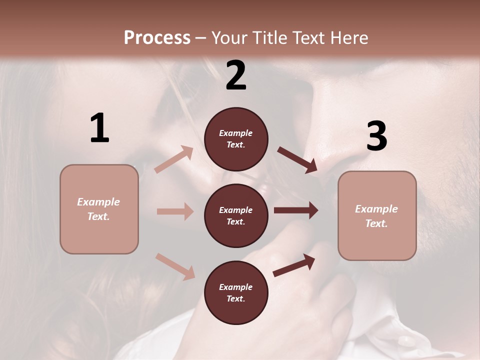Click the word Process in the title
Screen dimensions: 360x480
[x=157, y=37]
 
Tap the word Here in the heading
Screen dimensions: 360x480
[x=348, y=37]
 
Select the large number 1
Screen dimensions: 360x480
[x=99, y=128]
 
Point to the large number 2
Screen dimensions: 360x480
[x=236, y=75]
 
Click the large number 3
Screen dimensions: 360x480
[x=376, y=135]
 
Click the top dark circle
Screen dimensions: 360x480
[x=236, y=139]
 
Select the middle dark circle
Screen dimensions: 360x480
[x=236, y=215]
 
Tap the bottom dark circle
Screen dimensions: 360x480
[x=236, y=292]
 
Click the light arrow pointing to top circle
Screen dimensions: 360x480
[x=174, y=159]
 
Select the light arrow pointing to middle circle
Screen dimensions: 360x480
[x=175, y=211]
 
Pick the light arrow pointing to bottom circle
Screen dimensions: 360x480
[x=175, y=266]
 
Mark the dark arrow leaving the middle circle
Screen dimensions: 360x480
[x=296, y=210]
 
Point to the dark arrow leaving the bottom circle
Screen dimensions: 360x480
[x=294, y=265]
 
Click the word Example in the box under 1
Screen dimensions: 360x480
[x=98, y=202]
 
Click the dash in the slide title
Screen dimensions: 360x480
[x=200, y=38]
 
